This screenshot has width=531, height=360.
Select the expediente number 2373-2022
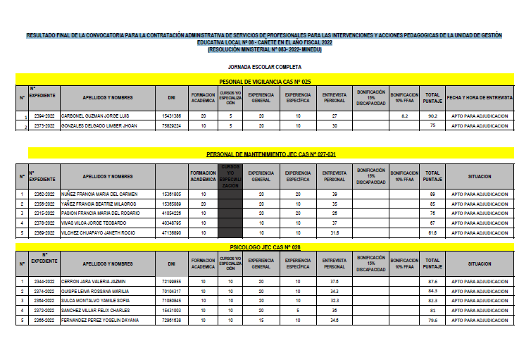point(45,125)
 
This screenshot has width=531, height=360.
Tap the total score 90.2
point(432,115)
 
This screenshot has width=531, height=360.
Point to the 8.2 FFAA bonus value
point(404,115)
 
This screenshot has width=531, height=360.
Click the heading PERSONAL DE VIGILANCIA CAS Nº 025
point(270,82)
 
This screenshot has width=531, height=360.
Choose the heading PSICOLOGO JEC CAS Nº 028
point(270,247)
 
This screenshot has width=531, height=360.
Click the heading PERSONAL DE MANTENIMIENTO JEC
point(270,154)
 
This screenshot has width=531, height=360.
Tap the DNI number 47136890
point(172,232)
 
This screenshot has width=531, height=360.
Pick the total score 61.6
point(432,232)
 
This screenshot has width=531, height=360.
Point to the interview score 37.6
point(335,280)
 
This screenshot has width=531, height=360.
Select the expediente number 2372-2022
point(44,310)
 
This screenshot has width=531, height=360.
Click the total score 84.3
point(432,290)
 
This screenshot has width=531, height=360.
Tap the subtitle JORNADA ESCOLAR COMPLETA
point(270,67)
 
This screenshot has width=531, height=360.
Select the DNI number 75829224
point(172,125)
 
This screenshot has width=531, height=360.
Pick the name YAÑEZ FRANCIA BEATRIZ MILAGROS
point(98,203)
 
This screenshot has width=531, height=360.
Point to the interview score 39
point(335,193)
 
